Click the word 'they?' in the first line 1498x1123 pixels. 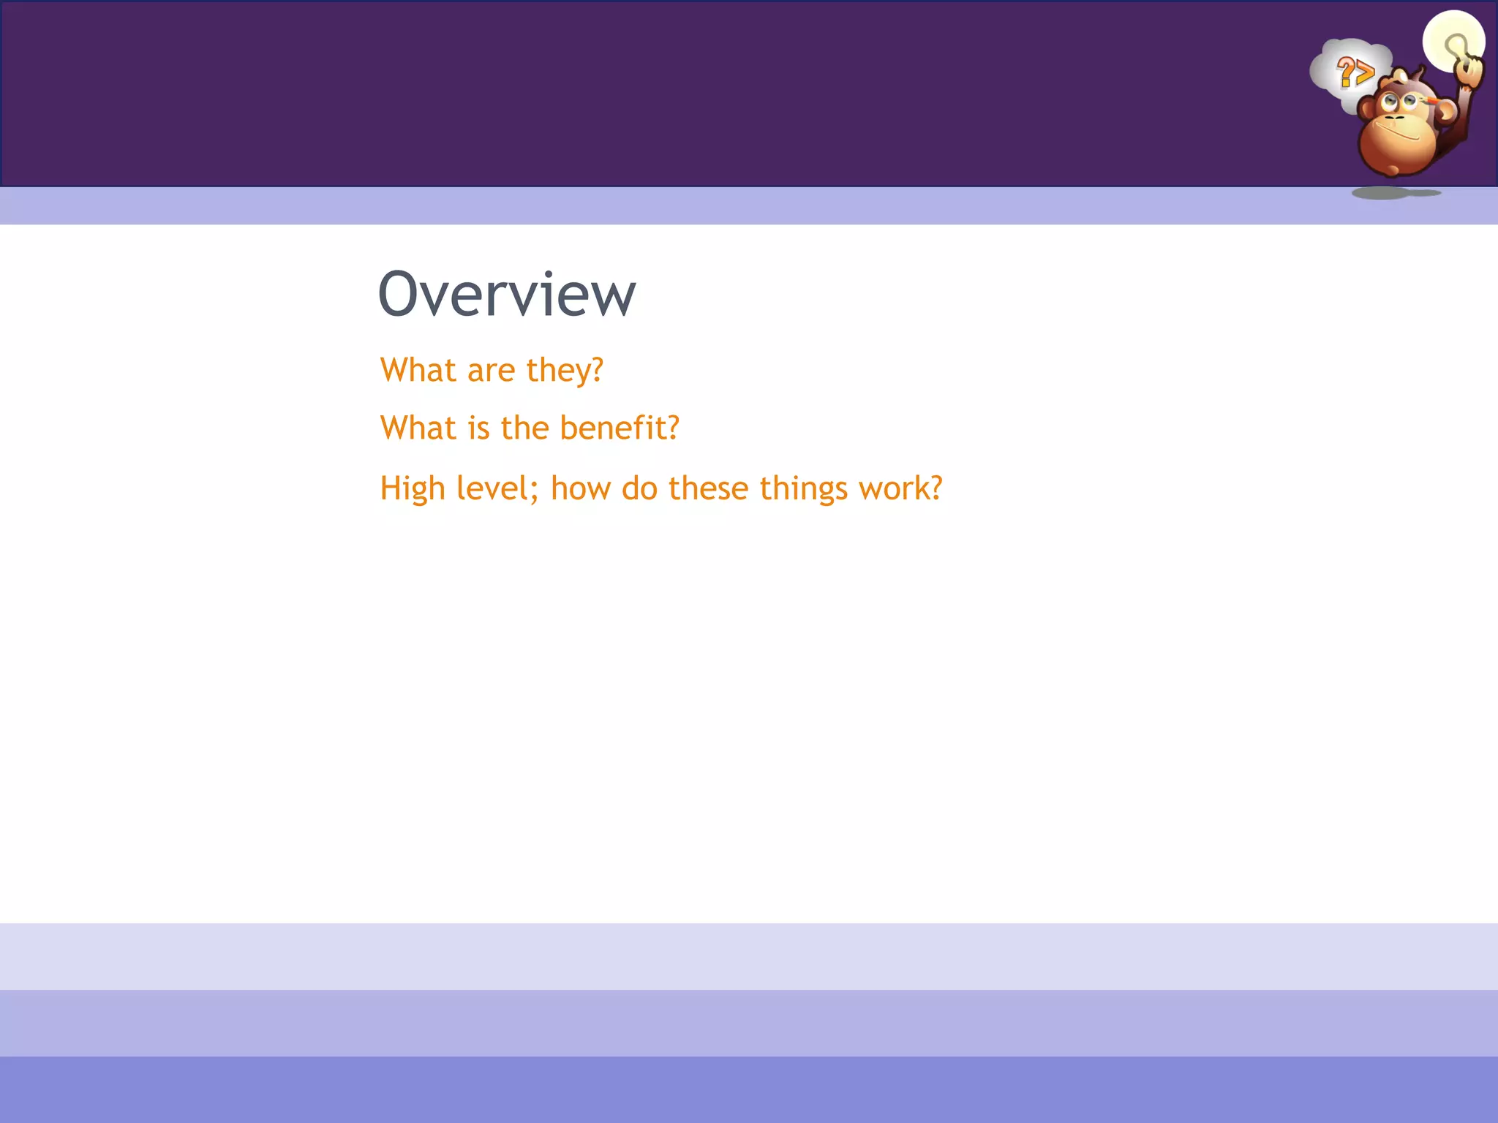565,370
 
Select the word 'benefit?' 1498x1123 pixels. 620,428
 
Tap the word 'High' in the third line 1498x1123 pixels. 413,488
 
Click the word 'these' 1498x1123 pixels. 708,488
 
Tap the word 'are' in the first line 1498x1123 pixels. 492,370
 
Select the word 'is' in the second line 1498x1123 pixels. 478,428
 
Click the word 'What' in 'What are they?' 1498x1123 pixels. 418,370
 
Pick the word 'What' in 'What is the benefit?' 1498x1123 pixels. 418,428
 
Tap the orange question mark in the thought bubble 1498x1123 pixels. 1345,72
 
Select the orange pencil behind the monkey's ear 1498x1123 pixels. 1430,98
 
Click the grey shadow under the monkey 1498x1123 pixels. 1382,193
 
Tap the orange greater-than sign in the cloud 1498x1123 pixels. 1363,73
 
